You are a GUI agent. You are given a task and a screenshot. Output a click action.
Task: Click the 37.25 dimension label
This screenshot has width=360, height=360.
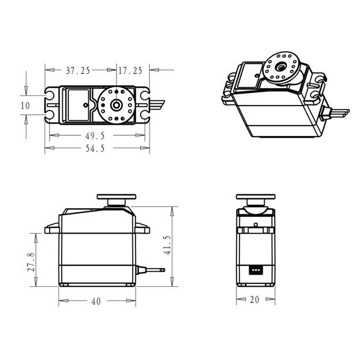coord(78,70)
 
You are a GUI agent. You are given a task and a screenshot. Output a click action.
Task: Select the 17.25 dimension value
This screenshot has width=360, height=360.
coord(130,70)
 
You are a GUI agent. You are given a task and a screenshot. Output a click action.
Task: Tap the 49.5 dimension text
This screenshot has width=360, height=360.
coord(95,136)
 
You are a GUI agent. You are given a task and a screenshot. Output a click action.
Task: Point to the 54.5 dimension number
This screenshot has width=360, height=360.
coord(95,148)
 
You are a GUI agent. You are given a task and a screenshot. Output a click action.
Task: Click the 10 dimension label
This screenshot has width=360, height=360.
coord(25,106)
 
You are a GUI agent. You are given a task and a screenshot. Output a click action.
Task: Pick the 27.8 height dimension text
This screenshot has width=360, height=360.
coord(31,262)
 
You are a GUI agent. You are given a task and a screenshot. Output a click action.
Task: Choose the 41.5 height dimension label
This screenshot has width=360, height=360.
coord(167,245)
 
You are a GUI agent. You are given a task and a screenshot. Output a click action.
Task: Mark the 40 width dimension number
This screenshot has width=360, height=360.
coord(96,301)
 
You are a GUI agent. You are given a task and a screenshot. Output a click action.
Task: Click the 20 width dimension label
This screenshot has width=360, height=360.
coord(254,299)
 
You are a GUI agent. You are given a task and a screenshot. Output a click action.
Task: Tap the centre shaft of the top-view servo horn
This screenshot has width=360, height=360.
coord(116,105)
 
